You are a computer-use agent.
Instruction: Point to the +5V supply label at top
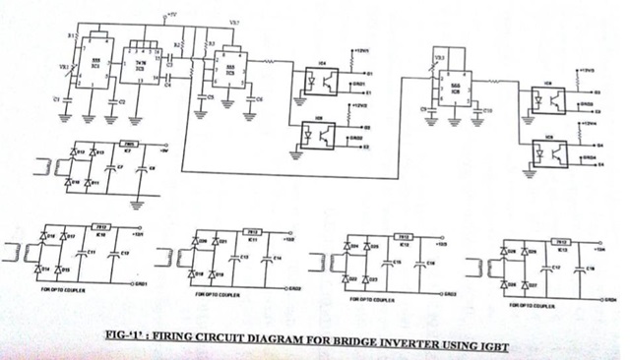point(171,17)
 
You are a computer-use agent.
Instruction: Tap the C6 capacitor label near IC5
point(258,100)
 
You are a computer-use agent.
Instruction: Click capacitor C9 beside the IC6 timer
point(423,108)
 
